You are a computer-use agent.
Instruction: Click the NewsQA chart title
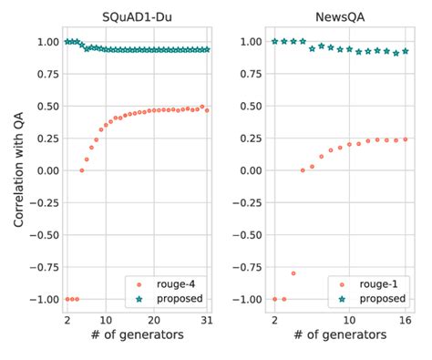pos(340,15)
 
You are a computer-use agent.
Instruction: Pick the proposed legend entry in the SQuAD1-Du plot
pos(179,298)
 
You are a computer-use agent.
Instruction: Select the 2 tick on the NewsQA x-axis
pos(274,322)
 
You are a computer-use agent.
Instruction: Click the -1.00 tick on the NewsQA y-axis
pos(247,299)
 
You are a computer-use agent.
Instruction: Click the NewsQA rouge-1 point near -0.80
pos(293,273)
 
